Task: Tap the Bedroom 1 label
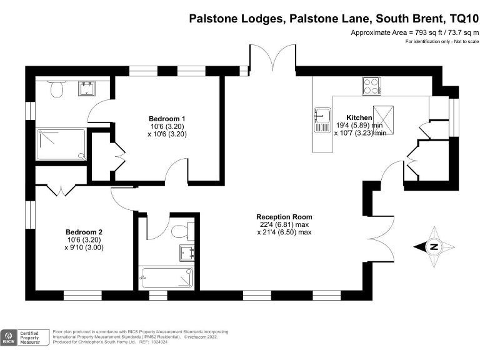(x=167, y=119)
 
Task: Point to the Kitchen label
(x=359, y=117)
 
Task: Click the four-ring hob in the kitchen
(x=371, y=86)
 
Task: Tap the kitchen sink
(x=322, y=119)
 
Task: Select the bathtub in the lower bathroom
(x=166, y=276)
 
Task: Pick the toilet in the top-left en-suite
(x=57, y=91)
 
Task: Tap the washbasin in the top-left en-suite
(x=86, y=88)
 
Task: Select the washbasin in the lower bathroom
(x=186, y=252)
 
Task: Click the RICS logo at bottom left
(x=9, y=338)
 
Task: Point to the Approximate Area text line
(x=414, y=32)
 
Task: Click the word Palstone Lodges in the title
(x=236, y=18)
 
